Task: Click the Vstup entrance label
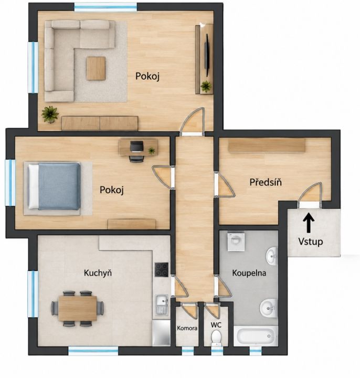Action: click(x=310, y=241)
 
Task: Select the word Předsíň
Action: click(x=266, y=182)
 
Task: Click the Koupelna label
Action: click(x=249, y=273)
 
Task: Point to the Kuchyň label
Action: click(x=98, y=272)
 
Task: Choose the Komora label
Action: click(x=187, y=328)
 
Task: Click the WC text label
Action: click(x=216, y=325)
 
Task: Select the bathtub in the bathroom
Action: click(x=256, y=336)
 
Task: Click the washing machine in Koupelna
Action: click(x=236, y=241)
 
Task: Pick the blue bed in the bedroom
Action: click(x=54, y=186)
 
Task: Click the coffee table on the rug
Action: click(x=96, y=68)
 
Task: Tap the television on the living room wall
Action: click(x=207, y=55)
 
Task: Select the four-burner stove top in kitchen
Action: click(x=162, y=269)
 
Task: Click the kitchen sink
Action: click(x=162, y=304)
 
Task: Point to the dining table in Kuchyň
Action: click(x=78, y=308)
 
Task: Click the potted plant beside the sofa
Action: click(x=50, y=114)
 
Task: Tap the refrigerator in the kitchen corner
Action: click(x=161, y=333)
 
